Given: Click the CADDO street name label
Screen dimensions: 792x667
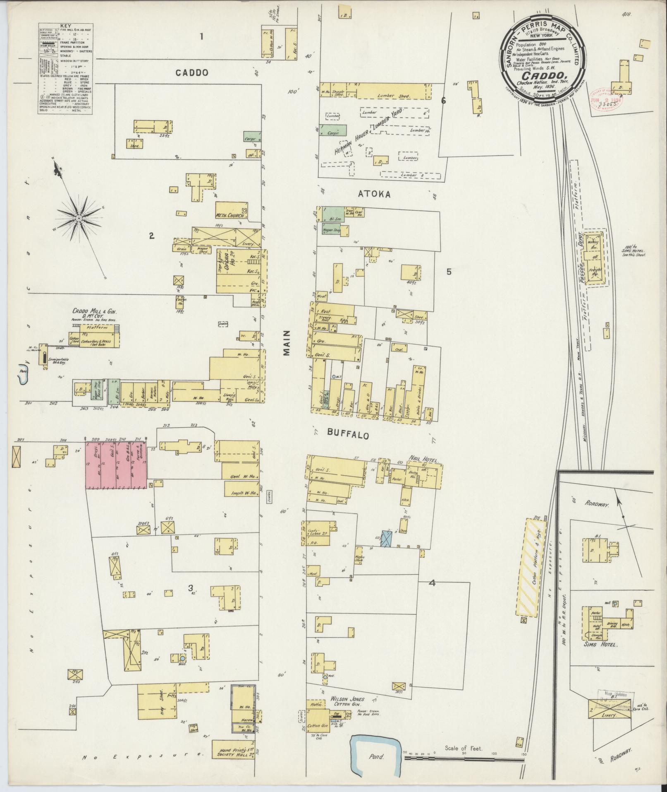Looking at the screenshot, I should coord(191,73).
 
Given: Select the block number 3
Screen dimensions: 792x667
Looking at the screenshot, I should coord(190,588).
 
